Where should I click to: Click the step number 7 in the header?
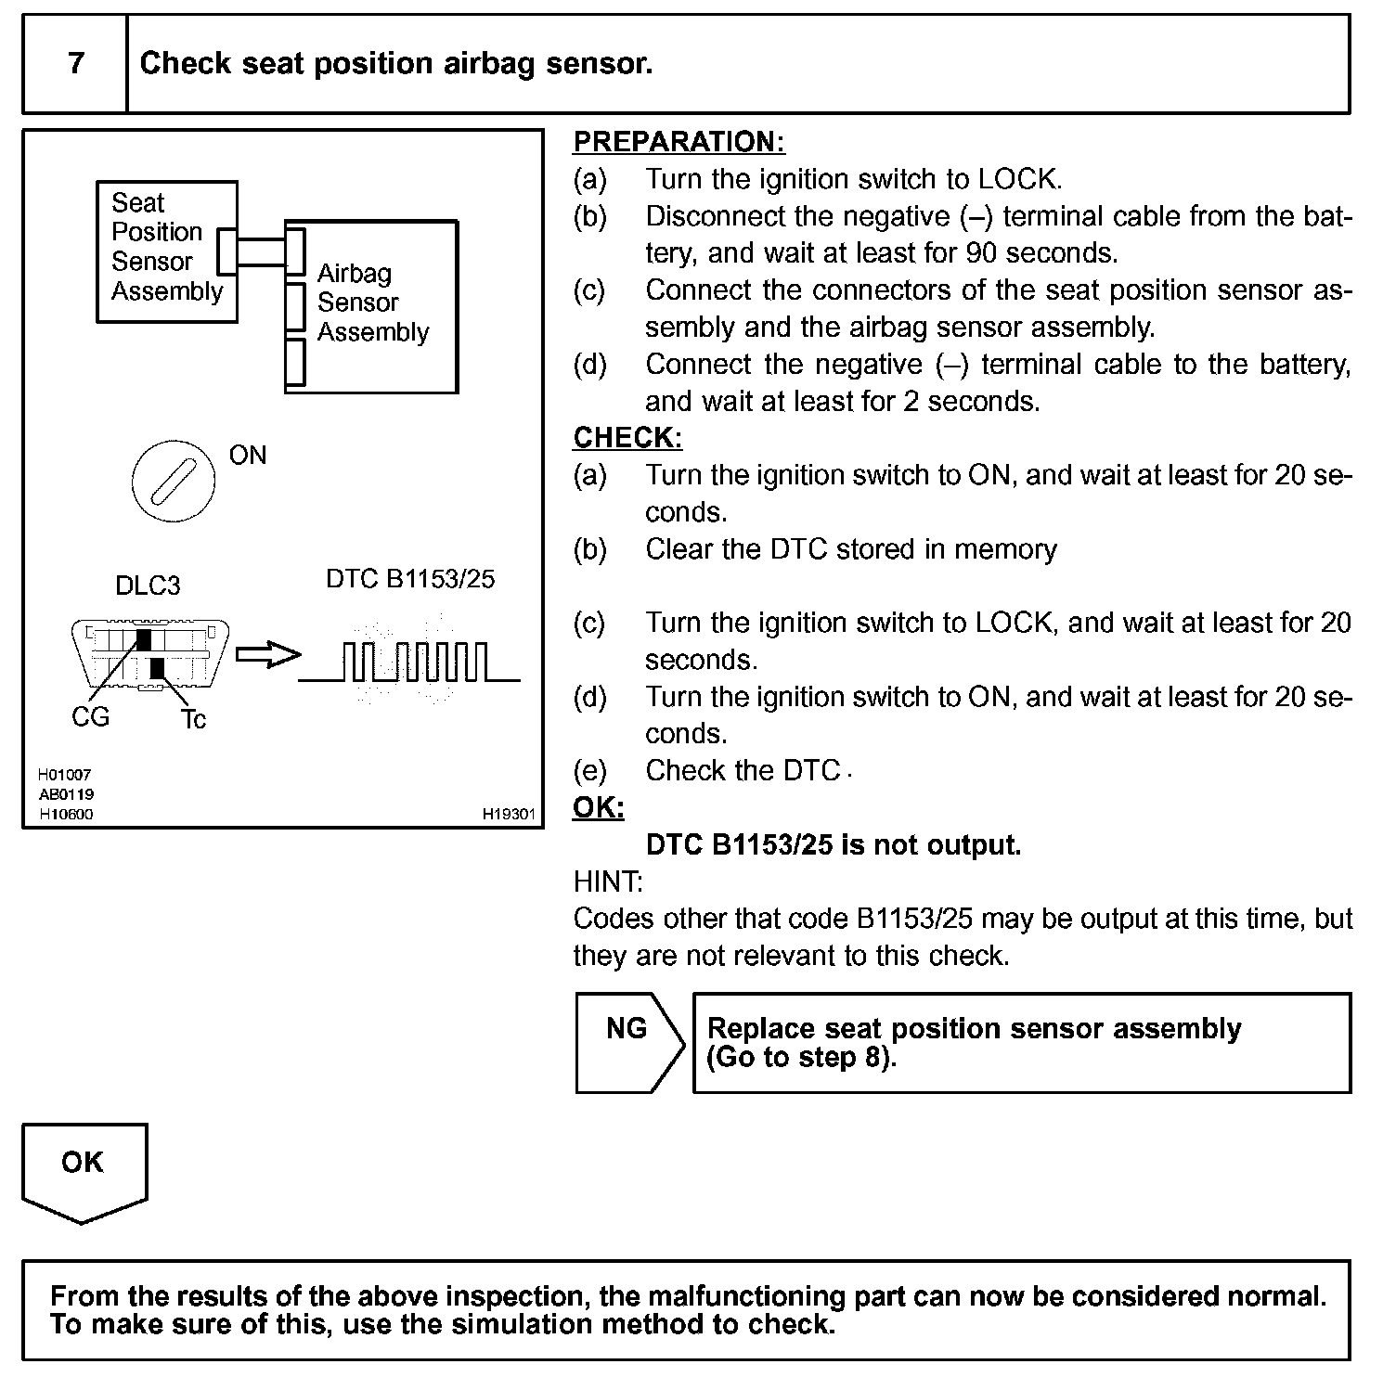point(75,63)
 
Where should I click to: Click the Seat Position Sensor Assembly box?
point(167,251)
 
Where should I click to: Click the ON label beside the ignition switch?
point(248,456)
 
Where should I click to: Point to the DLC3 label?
point(148,586)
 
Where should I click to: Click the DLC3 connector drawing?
point(150,655)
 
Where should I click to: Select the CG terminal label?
point(90,717)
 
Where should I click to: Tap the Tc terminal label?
point(194,719)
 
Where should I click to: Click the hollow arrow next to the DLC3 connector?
point(268,655)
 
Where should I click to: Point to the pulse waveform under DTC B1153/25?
point(409,662)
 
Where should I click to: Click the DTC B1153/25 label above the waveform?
point(410,579)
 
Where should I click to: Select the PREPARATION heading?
point(679,142)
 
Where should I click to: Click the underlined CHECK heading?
point(627,437)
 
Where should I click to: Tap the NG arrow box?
point(628,1042)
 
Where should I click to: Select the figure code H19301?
point(509,814)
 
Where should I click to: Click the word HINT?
point(608,882)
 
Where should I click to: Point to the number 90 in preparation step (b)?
point(981,252)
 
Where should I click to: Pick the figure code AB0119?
point(66,794)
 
